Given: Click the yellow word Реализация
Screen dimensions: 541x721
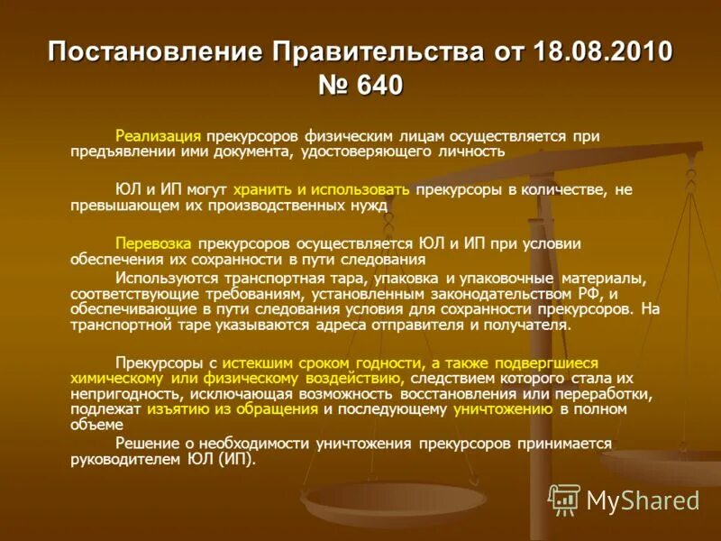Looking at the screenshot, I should (158, 136).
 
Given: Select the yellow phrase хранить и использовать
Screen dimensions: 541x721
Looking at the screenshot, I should (321, 189).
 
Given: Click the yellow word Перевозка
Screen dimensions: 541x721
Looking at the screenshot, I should (155, 243).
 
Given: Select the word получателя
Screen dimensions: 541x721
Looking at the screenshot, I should (523, 325).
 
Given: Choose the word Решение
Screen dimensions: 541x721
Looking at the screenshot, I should (144, 444).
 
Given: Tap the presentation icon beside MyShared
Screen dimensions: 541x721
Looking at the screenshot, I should (564, 500).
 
